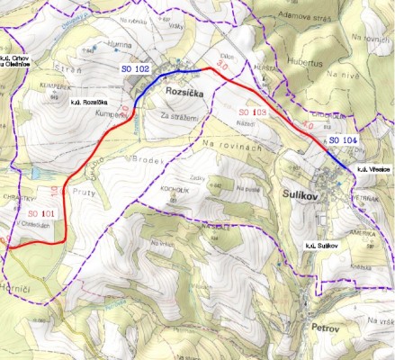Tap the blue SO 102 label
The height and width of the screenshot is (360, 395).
135,68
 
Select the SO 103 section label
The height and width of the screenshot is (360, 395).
255,112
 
